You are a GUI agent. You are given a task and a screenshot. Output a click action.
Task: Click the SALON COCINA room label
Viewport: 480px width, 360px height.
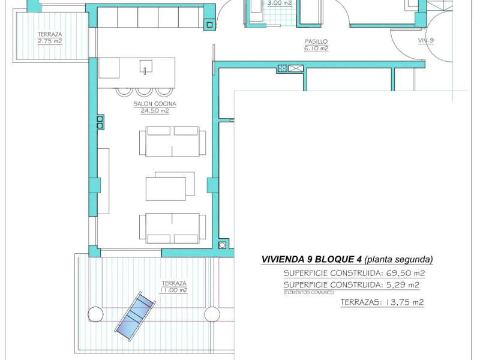(x=151, y=104)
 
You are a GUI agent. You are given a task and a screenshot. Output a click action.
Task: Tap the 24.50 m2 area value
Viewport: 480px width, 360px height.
(x=151, y=111)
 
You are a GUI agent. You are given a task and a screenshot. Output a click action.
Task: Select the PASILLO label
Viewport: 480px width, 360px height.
(x=316, y=41)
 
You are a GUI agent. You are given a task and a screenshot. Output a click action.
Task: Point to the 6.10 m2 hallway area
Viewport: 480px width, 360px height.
(x=316, y=49)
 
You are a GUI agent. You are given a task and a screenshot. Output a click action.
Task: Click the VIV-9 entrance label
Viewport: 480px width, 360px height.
(x=427, y=41)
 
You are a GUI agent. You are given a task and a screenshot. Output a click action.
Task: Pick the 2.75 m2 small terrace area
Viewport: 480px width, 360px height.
(x=50, y=41)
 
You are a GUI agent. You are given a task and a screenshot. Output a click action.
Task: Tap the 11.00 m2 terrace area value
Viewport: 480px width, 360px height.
(x=173, y=290)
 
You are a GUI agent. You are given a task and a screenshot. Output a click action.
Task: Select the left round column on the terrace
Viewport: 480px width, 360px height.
(x=96, y=314)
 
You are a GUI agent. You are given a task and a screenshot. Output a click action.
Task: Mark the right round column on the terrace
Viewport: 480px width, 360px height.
(x=212, y=314)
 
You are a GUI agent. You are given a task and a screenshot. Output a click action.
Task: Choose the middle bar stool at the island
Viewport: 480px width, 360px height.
(x=145, y=91)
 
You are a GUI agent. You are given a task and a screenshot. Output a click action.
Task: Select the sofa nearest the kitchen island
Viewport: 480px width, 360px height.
(x=172, y=142)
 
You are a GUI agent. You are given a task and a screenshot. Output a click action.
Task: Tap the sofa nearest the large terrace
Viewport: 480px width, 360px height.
(x=172, y=228)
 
